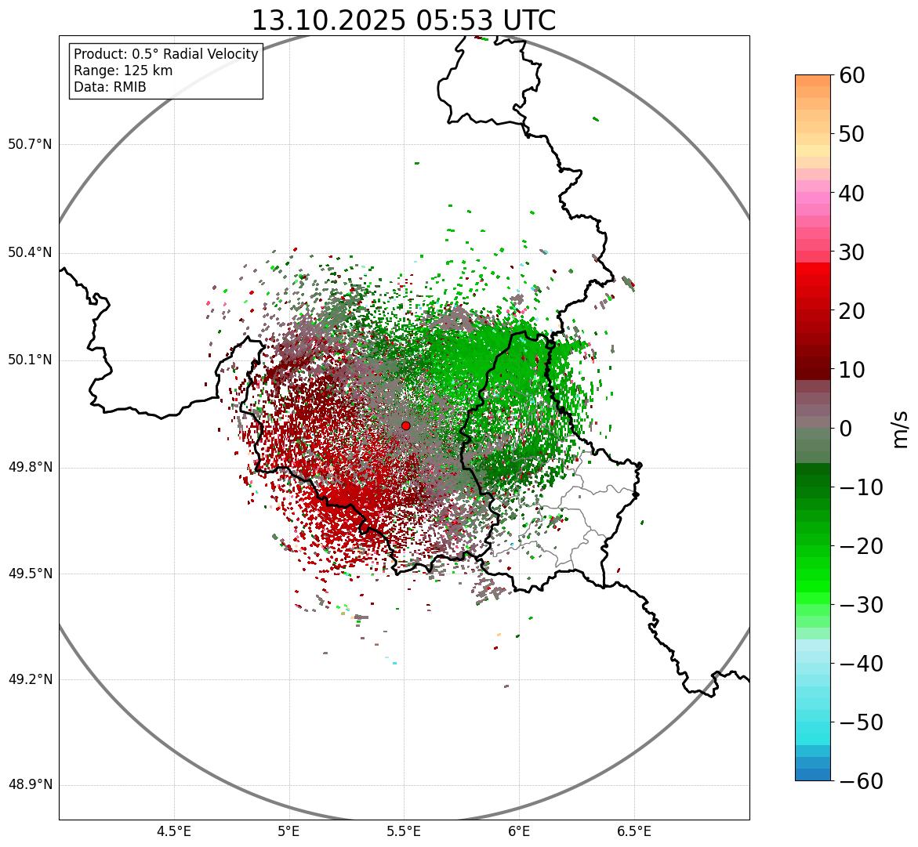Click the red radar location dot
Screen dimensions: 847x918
(405, 425)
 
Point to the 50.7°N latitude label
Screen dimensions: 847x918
(30, 145)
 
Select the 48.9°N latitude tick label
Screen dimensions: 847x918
(30, 786)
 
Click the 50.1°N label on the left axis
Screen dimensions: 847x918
(30, 360)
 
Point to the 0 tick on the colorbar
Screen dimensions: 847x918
(846, 429)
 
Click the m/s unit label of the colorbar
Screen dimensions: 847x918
(900, 429)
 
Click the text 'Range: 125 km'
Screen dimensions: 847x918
(123, 71)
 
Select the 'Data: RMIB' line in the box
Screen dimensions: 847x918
(110, 87)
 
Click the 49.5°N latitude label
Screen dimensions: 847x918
(30, 574)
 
